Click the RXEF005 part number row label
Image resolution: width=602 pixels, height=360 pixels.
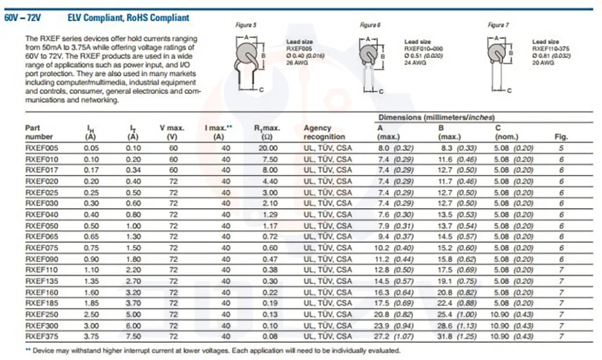click(x=42, y=148)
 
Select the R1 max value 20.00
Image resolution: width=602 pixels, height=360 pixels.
click(x=268, y=148)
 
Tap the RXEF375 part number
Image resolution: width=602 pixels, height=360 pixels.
click(x=42, y=337)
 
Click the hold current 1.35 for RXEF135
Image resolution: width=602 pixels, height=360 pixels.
click(x=92, y=281)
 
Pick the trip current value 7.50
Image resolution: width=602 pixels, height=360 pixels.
click(x=134, y=337)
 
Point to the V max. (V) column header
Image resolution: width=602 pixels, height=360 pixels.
click(x=172, y=132)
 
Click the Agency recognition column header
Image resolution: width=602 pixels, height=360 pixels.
click(x=324, y=132)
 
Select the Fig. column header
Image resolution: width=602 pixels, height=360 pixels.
click(x=561, y=137)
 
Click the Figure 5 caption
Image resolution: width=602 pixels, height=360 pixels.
click(x=246, y=25)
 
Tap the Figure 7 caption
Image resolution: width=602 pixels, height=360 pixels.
click(x=498, y=25)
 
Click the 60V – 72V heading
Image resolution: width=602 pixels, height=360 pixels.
click(x=23, y=18)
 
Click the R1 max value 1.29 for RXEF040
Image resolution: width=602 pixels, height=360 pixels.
click(x=270, y=215)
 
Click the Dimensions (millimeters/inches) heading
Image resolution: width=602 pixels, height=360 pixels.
click(x=436, y=117)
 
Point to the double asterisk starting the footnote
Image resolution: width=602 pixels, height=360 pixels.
click(x=28, y=350)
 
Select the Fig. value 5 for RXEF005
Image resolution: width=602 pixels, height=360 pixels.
click(x=561, y=148)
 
